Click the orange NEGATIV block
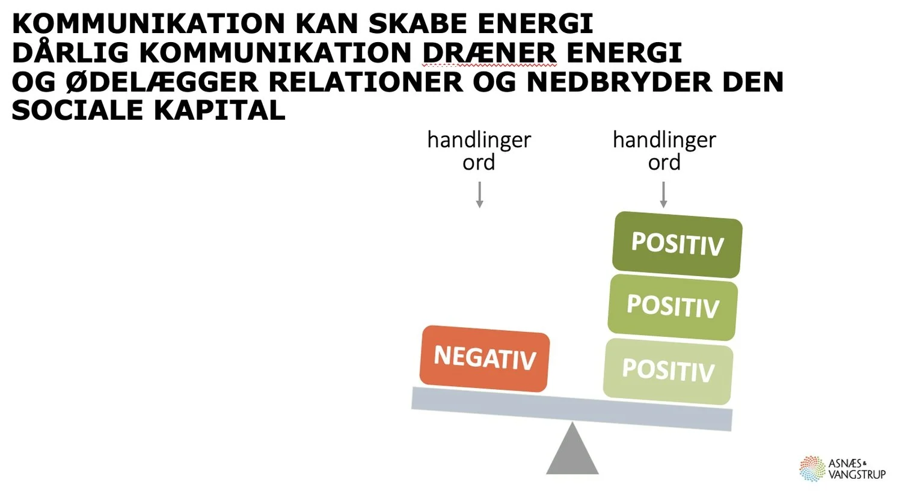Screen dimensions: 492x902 [x=485, y=358]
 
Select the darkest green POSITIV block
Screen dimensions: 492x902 [x=677, y=244]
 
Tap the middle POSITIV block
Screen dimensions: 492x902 [x=672, y=307]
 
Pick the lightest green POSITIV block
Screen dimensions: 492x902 [x=668, y=371]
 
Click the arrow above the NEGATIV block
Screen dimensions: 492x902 [x=479, y=195]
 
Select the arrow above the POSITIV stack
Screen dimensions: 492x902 [x=663, y=195]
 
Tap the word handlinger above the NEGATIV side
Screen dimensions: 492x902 [x=479, y=140]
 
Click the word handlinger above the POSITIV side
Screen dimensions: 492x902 [x=664, y=140]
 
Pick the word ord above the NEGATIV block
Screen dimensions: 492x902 [x=479, y=162]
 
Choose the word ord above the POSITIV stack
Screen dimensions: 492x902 [x=664, y=162]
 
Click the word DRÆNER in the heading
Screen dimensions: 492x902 [x=489, y=53]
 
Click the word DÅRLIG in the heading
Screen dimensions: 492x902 [x=70, y=53]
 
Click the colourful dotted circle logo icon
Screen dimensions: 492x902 [x=812, y=469]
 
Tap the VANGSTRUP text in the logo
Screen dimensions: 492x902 [x=857, y=475]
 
